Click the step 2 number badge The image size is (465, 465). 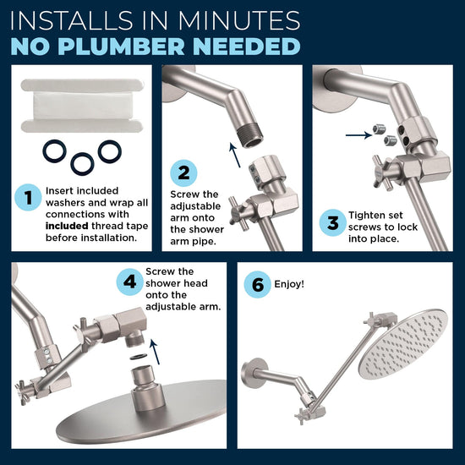183,173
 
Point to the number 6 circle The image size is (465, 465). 258,285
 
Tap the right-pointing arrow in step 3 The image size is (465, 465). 356,133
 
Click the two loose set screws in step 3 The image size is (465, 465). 383,134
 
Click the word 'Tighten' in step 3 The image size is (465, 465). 368,215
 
